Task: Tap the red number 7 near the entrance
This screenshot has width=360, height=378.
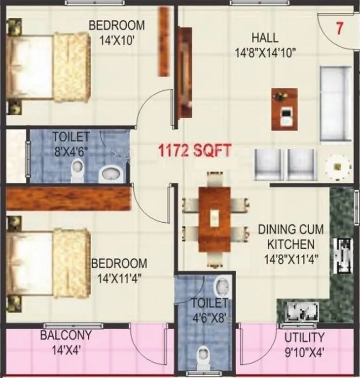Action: pyautogui.click(x=339, y=28)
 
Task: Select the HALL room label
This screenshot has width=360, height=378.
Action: pyautogui.click(x=265, y=37)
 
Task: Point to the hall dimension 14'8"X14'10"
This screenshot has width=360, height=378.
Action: pyautogui.click(x=266, y=52)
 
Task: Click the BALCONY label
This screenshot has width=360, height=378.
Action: pyautogui.click(x=66, y=336)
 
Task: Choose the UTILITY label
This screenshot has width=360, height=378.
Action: pyautogui.click(x=304, y=338)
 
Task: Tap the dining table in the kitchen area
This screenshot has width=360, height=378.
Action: pyautogui.click(x=214, y=219)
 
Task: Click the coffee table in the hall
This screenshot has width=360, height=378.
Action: pyautogui.click(x=285, y=109)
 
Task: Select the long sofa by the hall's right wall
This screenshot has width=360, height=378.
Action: pyautogui.click(x=336, y=103)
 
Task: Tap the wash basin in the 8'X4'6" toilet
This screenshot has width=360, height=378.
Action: pyautogui.click(x=111, y=173)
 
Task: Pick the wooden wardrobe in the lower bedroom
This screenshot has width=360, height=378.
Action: pyautogui.click(x=69, y=198)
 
